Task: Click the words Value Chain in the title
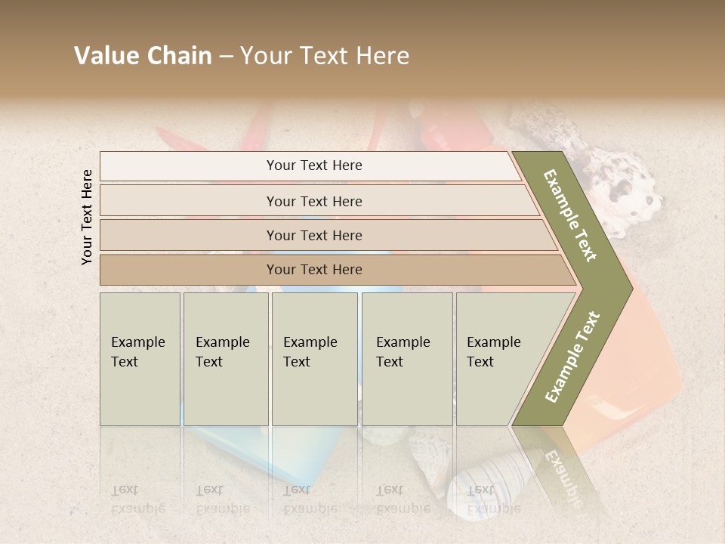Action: click(x=143, y=56)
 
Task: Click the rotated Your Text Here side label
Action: click(x=87, y=217)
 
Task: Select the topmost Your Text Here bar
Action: click(x=313, y=165)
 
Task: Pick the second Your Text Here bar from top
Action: click(x=313, y=201)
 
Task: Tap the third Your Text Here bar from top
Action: click(x=313, y=235)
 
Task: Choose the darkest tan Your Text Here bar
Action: click(x=313, y=270)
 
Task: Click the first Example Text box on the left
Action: click(x=140, y=359)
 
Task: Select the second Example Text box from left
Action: click(x=226, y=359)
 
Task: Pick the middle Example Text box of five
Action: click(x=314, y=359)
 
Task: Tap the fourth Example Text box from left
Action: click(x=406, y=359)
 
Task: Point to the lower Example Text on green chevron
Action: click(x=572, y=357)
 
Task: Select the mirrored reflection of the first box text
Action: click(x=137, y=499)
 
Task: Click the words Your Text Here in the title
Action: click(x=325, y=56)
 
